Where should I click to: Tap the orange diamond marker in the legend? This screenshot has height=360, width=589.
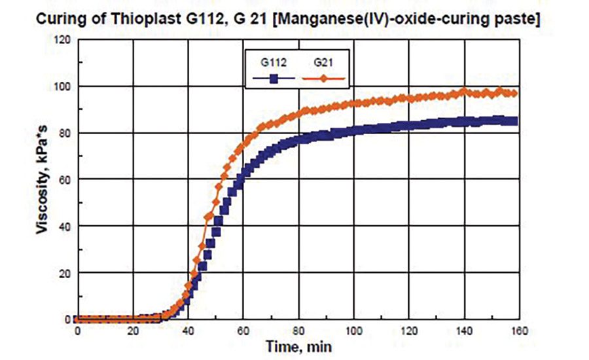pos(323,79)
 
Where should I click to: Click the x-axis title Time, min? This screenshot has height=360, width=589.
pos(296,345)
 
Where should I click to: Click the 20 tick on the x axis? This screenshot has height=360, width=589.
pos(133,331)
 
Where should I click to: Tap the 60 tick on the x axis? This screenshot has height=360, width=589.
pos(243,331)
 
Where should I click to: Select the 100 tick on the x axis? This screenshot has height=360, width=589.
pos(354,331)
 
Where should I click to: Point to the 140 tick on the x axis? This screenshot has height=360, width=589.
pos(465,331)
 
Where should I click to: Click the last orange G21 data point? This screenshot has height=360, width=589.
pos(514,94)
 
